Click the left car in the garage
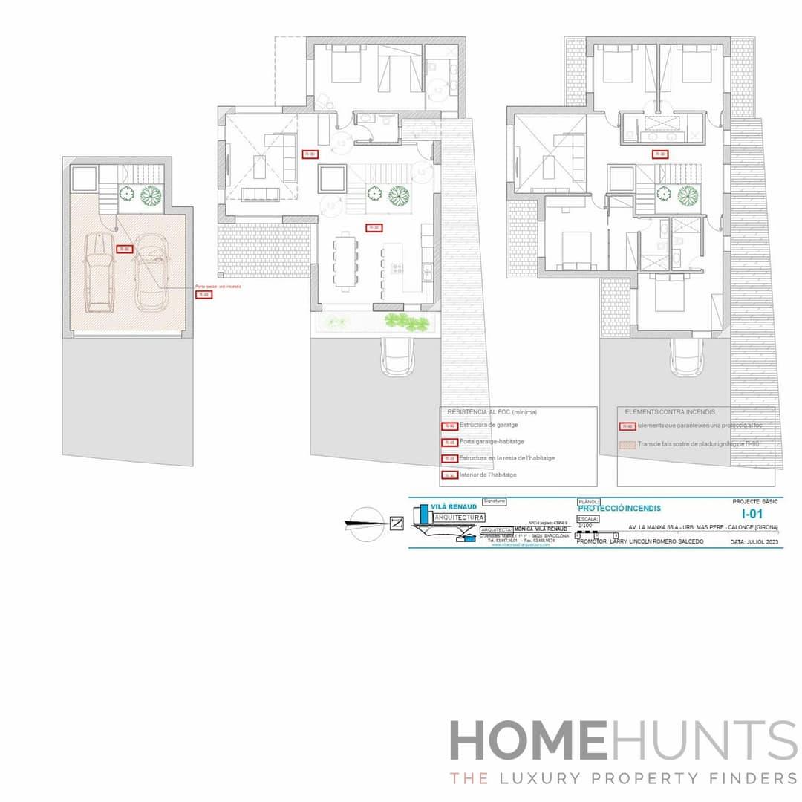coord(100,272)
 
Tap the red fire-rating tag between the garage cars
coord(125,249)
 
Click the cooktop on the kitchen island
coord(397,267)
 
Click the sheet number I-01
coord(752,513)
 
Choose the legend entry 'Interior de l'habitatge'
coord(488,475)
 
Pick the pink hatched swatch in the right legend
coord(627,444)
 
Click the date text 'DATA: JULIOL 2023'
coord(754,542)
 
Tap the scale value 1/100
coord(585,526)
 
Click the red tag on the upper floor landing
coord(659,154)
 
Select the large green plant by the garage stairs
coord(151,195)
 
